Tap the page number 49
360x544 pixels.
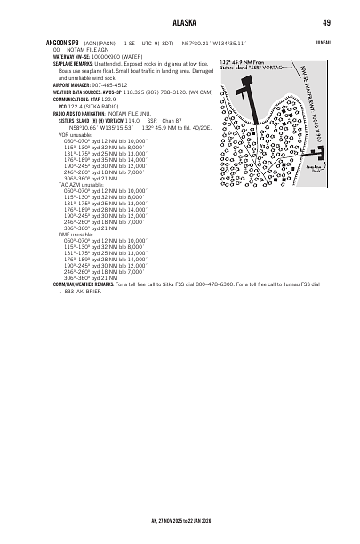click(327, 22)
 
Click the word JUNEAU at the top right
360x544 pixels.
click(323, 41)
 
